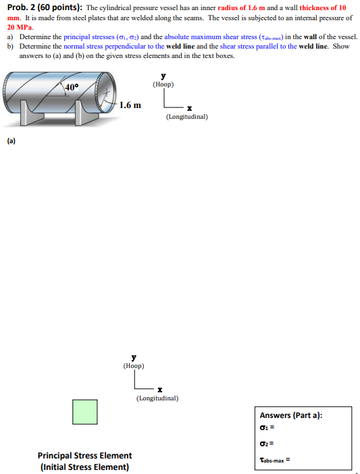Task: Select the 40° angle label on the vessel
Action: pos(72,87)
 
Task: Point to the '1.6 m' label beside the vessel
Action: pos(130,105)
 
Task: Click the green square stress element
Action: pos(85,412)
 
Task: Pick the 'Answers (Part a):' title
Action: pos(291,415)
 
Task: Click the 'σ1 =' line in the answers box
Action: pos(267,427)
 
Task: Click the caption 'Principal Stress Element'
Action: pos(84,456)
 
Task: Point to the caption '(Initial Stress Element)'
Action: pos(84,467)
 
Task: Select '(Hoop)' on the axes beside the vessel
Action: pos(163,84)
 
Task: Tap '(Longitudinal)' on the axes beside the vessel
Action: pos(186,116)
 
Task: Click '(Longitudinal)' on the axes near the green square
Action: pos(157,398)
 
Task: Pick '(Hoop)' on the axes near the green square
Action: pos(134,366)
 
